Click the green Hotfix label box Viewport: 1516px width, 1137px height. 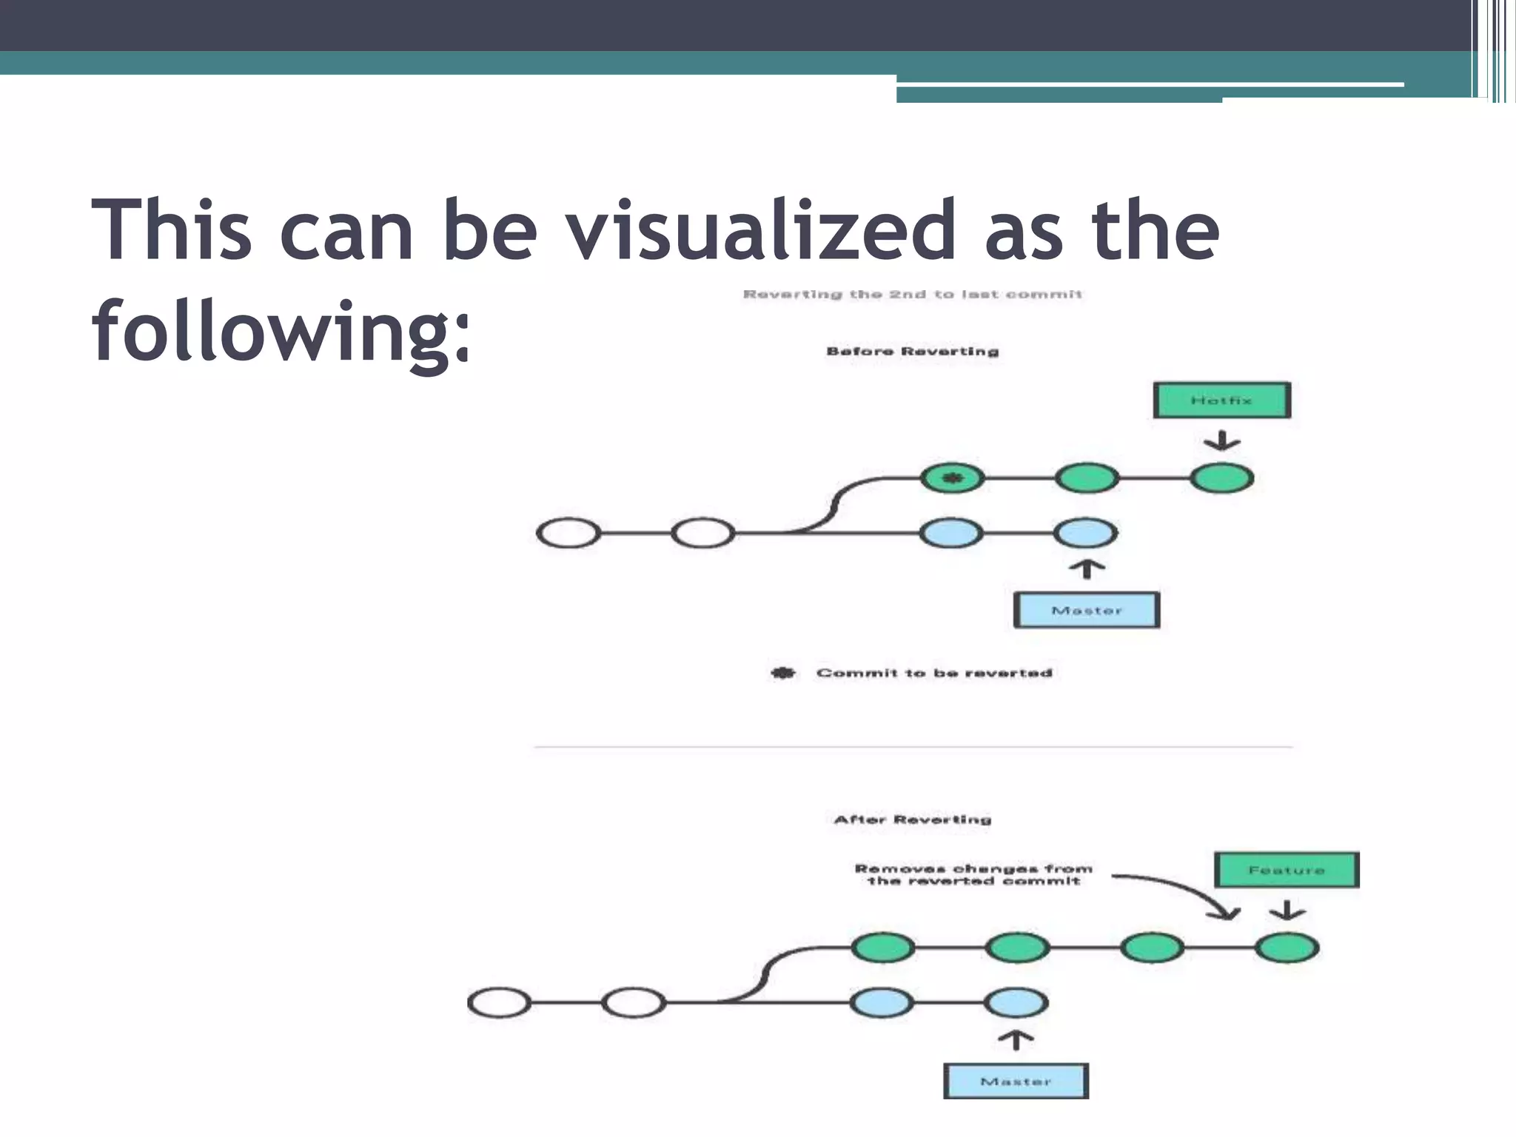click(x=1221, y=400)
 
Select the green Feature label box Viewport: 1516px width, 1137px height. click(x=1287, y=870)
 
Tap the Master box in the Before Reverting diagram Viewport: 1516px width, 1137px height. click(x=1086, y=610)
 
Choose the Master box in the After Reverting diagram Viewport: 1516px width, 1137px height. click(x=1016, y=1081)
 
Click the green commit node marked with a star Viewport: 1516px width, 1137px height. click(x=953, y=478)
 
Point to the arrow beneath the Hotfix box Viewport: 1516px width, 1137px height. click(x=1221, y=441)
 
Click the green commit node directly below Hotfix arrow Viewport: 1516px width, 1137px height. click(x=1221, y=478)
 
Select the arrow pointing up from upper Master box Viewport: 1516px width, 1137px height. click(x=1087, y=568)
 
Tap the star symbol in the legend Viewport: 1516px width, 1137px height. click(x=783, y=673)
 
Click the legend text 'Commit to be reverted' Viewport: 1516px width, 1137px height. click(x=934, y=673)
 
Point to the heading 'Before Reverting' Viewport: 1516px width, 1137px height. click(x=912, y=351)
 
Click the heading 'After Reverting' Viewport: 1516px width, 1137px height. click(x=912, y=819)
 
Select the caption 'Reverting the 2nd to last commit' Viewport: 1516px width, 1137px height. click(x=912, y=294)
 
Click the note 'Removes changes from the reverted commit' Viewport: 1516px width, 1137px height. click(x=973, y=874)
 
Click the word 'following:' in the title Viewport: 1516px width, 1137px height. click(x=281, y=331)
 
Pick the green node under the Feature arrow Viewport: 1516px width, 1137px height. click(x=1287, y=947)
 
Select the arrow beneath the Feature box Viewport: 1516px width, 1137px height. click(x=1287, y=910)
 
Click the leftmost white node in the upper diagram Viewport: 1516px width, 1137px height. click(x=568, y=533)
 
